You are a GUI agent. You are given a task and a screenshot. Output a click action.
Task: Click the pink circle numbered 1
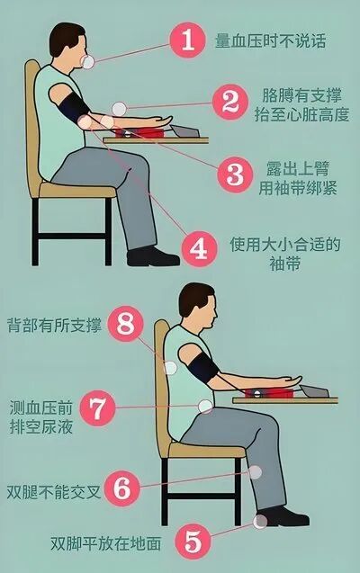(x=187, y=40)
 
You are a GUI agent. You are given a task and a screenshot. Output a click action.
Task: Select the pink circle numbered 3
(x=235, y=172)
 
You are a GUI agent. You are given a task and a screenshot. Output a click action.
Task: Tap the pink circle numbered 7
(x=97, y=409)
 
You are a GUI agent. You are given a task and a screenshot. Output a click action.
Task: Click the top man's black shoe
(x=153, y=255)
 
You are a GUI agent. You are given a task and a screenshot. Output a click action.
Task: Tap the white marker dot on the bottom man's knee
(x=255, y=470)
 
